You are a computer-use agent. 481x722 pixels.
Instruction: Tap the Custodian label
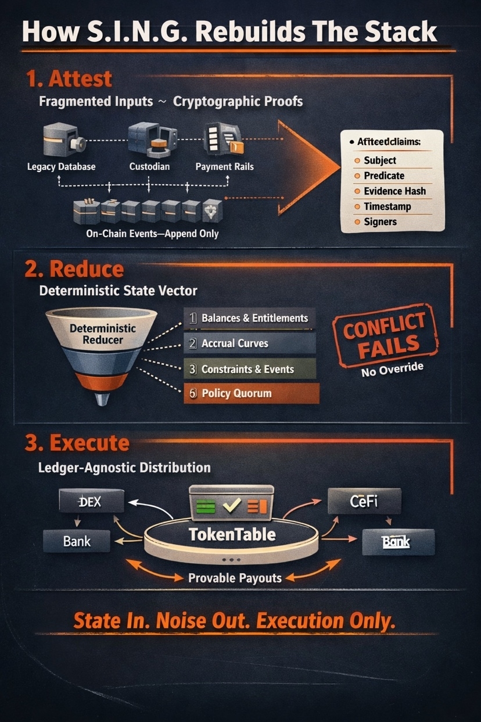(x=149, y=167)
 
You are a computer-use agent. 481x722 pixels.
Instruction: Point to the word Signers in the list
(x=381, y=221)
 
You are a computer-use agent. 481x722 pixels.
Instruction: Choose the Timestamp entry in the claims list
(x=387, y=206)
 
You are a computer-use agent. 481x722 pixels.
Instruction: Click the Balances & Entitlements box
(x=249, y=319)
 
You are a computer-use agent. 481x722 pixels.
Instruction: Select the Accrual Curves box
(x=249, y=344)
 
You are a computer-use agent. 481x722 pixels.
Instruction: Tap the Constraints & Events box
(x=249, y=369)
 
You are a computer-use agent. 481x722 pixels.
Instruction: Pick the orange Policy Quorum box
(x=251, y=394)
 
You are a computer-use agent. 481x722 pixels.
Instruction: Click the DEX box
(x=92, y=501)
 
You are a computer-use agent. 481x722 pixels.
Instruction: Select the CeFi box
(x=364, y=501)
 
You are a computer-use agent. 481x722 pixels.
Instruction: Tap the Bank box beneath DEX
(x=77, y=541)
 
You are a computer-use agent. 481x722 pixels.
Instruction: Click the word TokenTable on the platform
(x=232, y=534)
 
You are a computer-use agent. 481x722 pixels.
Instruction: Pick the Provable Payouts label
(x=235, y=578)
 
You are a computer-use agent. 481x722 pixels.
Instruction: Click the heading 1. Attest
(x=69, y=78)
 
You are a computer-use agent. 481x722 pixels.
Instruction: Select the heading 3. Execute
(x=77, y=443)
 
